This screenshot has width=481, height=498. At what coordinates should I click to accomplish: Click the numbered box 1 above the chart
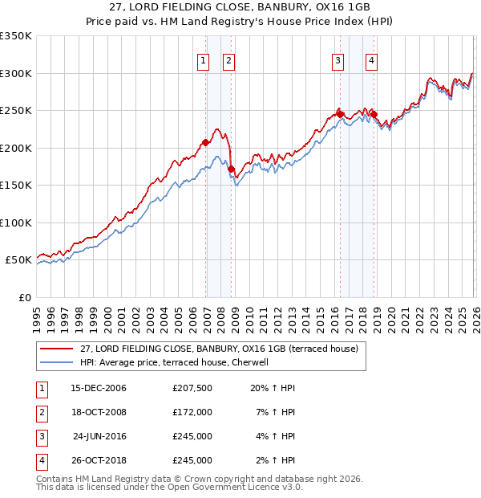203,59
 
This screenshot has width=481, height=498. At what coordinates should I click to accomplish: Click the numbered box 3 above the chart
338,59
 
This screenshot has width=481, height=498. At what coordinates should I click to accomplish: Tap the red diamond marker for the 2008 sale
231,169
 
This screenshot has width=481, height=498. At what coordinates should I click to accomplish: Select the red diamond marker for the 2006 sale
205,143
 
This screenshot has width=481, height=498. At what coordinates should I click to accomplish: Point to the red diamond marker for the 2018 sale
374,115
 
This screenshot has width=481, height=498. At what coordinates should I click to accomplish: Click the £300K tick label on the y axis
16,73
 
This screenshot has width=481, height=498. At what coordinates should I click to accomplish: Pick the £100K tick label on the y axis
16,222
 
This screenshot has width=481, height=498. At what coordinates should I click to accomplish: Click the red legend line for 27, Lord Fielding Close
56,348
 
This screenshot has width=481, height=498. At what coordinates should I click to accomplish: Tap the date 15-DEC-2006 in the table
99,388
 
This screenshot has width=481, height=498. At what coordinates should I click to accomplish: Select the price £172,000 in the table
192,412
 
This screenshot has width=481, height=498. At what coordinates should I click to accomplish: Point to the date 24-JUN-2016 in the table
99,436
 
